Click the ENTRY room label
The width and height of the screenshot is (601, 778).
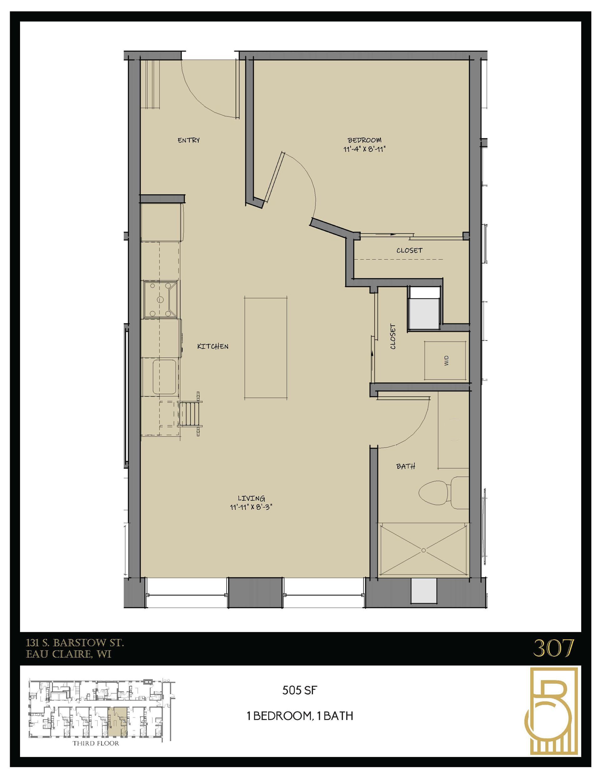(x=188, y=140)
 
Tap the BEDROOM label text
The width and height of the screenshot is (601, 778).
(x=364, y=140)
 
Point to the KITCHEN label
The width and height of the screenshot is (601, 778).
(x=213, y=346)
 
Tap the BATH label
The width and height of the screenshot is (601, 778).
(x=406, y=466)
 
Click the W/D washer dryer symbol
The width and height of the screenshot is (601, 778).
(x=445, y=360)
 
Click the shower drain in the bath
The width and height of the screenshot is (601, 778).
(x=424, y=550)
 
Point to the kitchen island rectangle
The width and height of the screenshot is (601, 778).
(x=266, y=347)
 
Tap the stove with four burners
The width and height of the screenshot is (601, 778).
(x=161, y=298)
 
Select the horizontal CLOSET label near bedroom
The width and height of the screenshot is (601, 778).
(x=409, y=250)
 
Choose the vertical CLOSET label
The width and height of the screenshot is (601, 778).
(x=393, y=336)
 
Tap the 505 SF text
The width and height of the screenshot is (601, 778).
(x=299, y=691)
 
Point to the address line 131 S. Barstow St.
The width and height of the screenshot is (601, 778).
(x=75, y=643)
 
